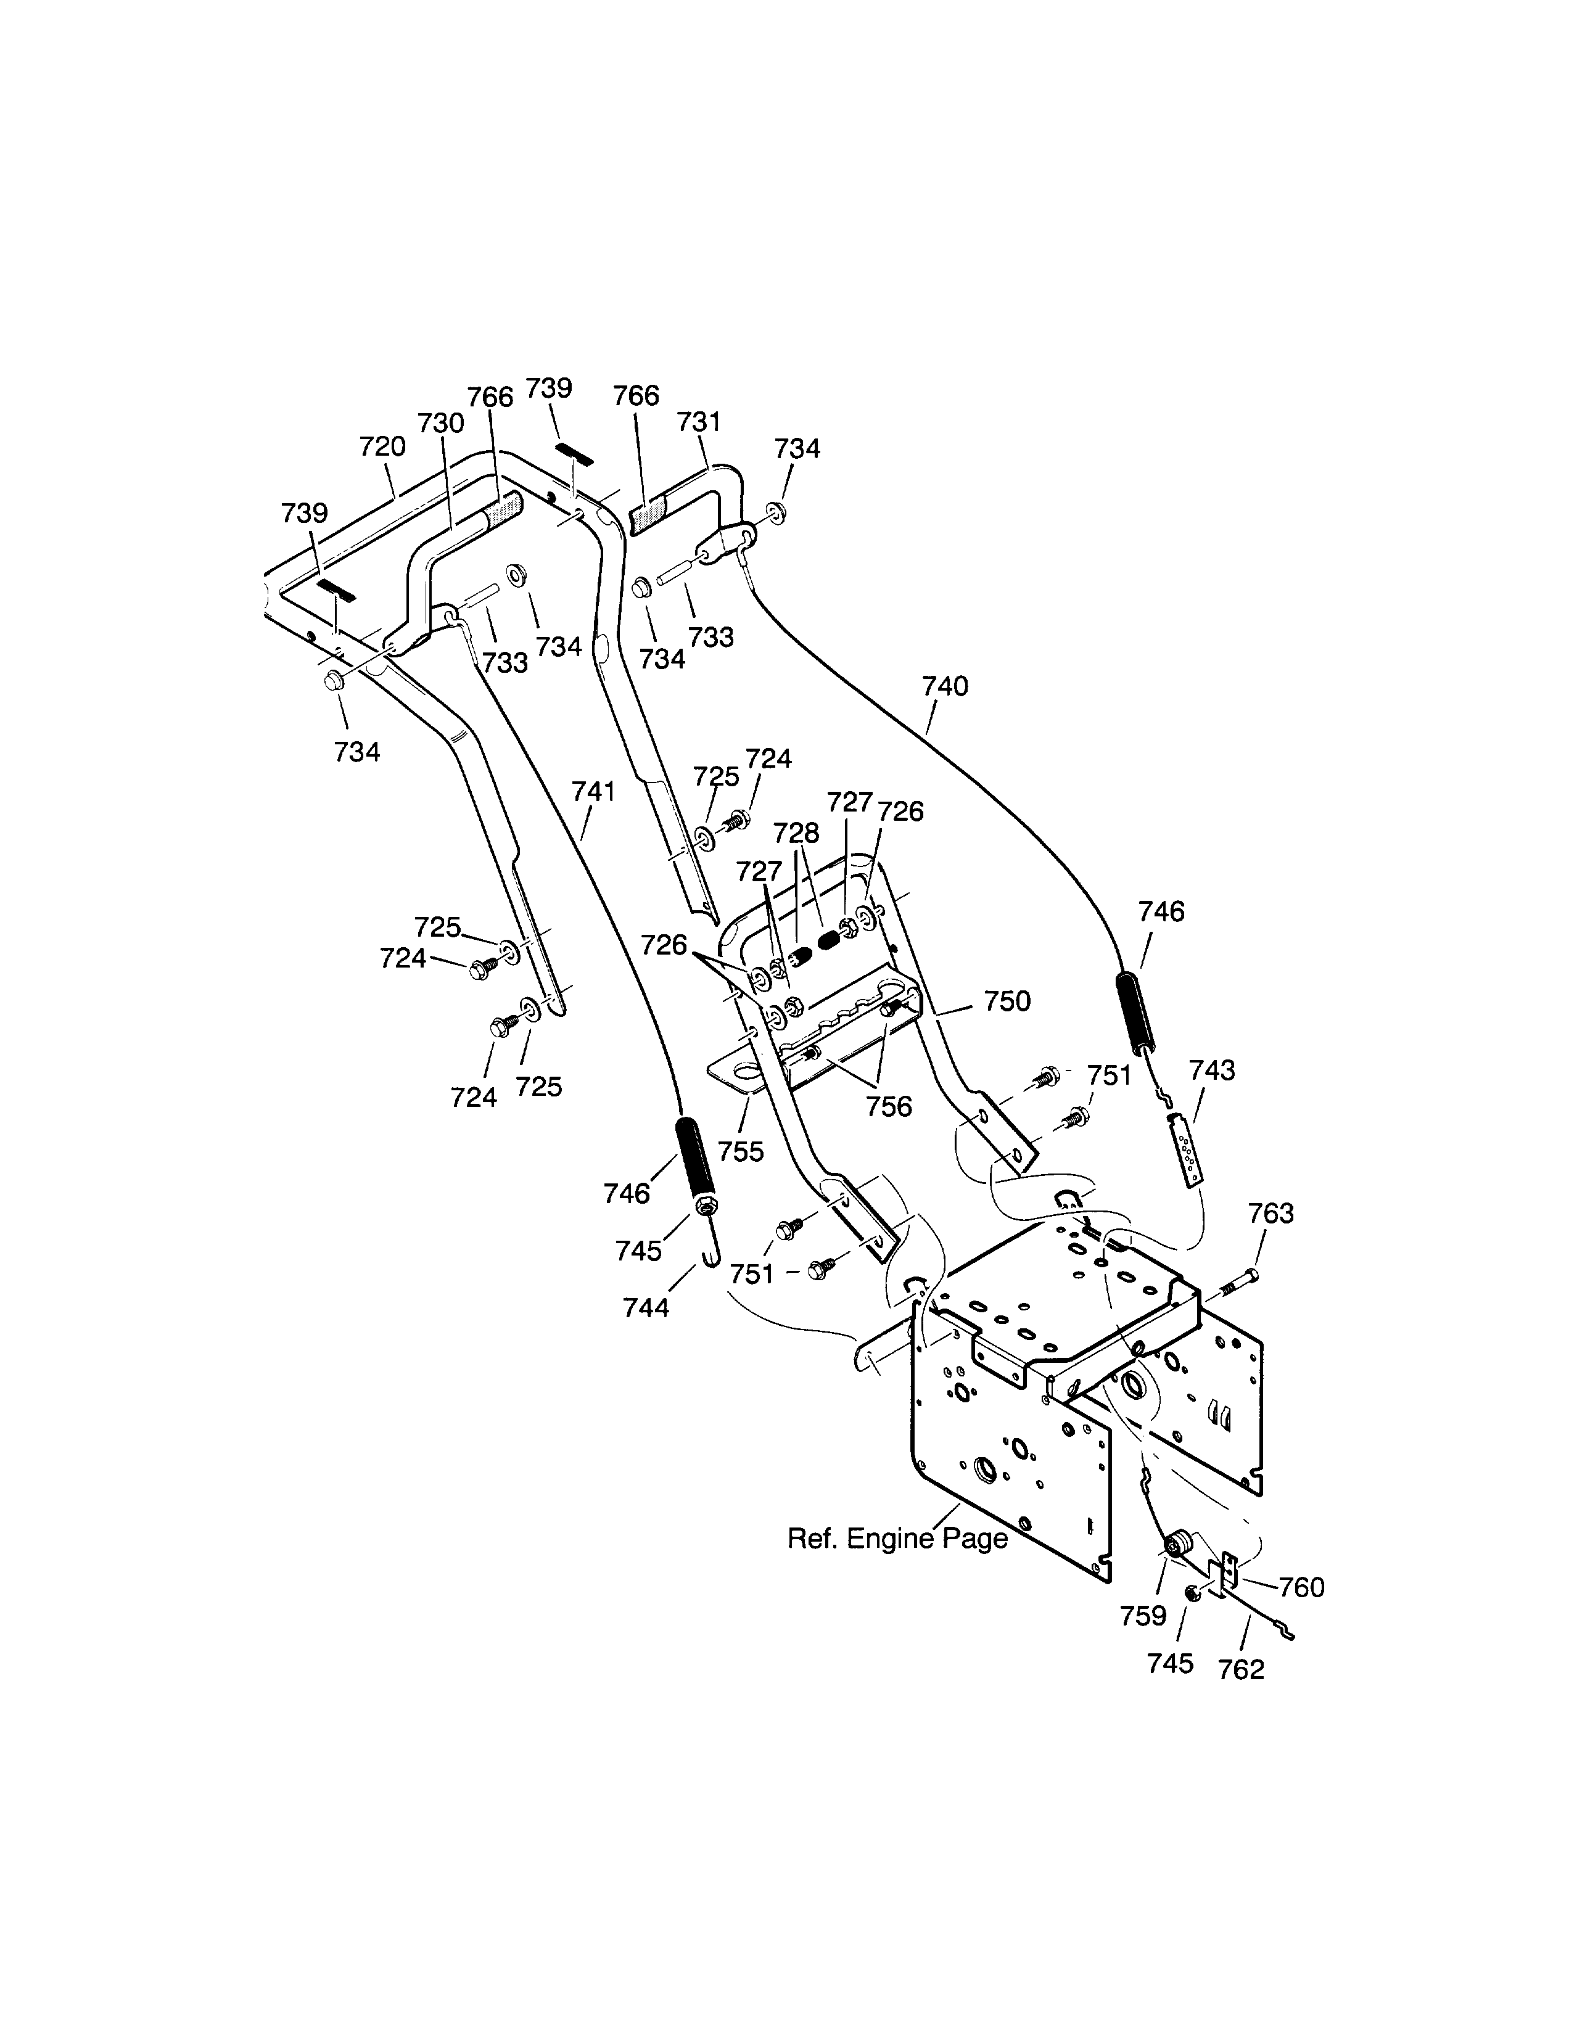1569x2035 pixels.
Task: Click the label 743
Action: [1211, 1071]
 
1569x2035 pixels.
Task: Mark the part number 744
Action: [646, 1308]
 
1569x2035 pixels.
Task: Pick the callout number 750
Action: [1007, 1001]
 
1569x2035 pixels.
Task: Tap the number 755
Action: [741, 1152]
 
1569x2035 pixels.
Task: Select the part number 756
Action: [889, 1107]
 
